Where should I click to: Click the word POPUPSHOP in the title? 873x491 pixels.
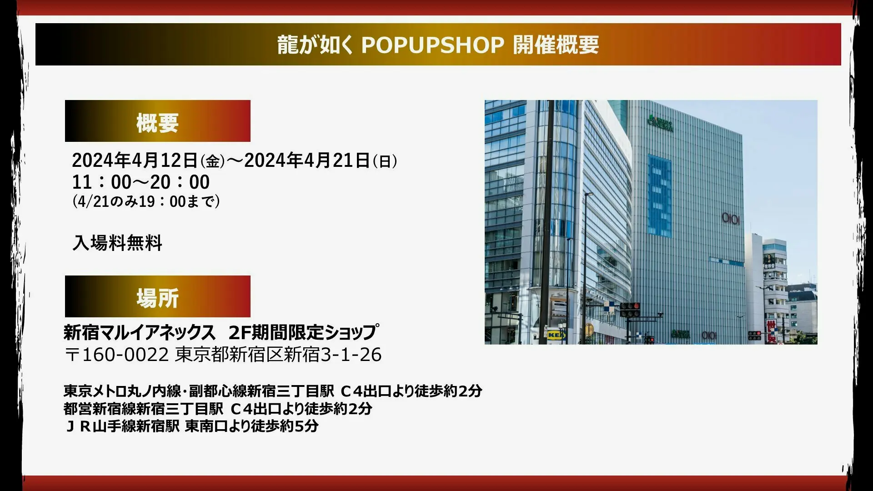[x=432, y=45]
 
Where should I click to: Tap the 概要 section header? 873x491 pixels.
[x=157, y=121]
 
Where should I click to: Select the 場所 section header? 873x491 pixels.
[x=157, y=296]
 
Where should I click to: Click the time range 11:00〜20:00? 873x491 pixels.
[x=141, y=182]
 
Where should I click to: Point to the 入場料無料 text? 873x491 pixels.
[x=117, y=243]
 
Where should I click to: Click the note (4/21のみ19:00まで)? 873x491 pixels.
[x=146, y=201]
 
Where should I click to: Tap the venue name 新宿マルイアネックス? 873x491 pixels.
[x=139, y=333]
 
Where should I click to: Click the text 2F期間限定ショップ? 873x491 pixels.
[x=303, y=332]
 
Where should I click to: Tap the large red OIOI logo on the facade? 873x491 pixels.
[x=731, y=219]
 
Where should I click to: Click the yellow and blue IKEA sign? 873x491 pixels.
[x=556, y=335]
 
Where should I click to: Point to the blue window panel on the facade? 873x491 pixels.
[x=659, y=195]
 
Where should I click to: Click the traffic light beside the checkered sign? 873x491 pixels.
[x=630, y=310]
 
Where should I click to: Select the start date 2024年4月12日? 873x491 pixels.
[x=135, y=160]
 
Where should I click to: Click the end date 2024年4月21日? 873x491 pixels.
[x=307, y=160]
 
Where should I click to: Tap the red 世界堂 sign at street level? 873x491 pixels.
[x=771, y=332]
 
